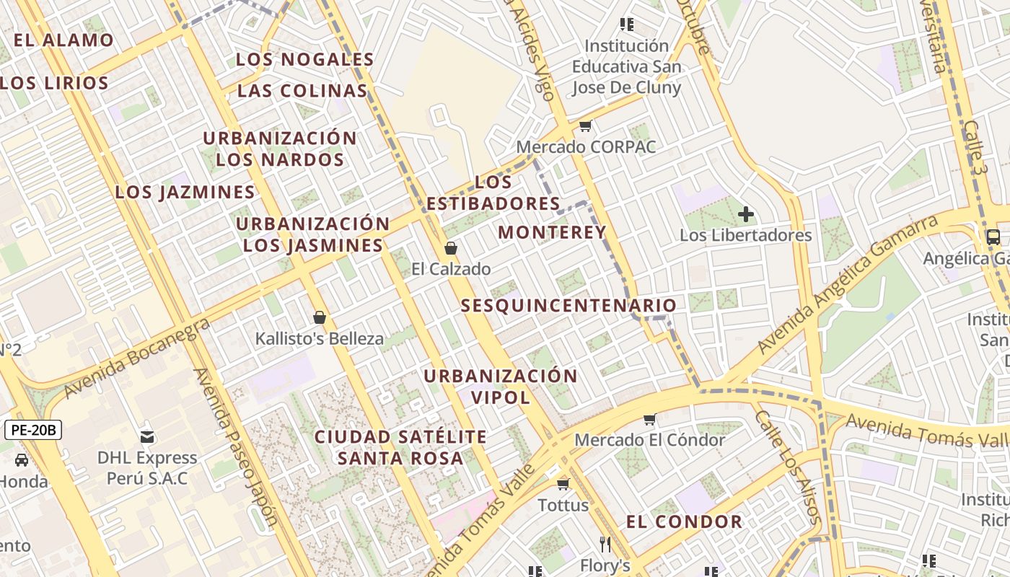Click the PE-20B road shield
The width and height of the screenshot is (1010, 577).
(33, 431)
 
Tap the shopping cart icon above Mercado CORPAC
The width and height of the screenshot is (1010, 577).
(586, 126)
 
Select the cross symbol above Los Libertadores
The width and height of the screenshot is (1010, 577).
(746, 214)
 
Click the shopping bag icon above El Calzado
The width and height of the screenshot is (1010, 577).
(451, 249)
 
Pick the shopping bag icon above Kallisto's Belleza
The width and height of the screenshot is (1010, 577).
(320, 317)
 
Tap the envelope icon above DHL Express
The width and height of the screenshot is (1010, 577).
(147, 436)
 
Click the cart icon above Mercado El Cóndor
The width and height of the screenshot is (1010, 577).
(649, 419)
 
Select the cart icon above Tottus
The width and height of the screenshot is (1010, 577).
(563, 484)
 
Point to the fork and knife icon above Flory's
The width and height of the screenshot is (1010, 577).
(605, 544)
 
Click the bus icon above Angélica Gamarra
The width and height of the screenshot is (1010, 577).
(993, 237)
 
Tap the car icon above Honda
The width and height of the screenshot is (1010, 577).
(22, 460)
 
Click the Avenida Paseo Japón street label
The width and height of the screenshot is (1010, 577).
(236, 448)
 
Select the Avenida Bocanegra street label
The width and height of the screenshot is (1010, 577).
(137, 357)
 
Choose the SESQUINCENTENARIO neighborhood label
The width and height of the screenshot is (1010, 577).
(568, 306)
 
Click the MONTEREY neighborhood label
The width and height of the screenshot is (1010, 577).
(552, 232)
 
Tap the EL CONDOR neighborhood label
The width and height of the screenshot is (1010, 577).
(684, 522)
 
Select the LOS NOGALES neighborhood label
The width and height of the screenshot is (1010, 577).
(304, 60)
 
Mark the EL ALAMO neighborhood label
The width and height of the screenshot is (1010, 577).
(63, 40)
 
